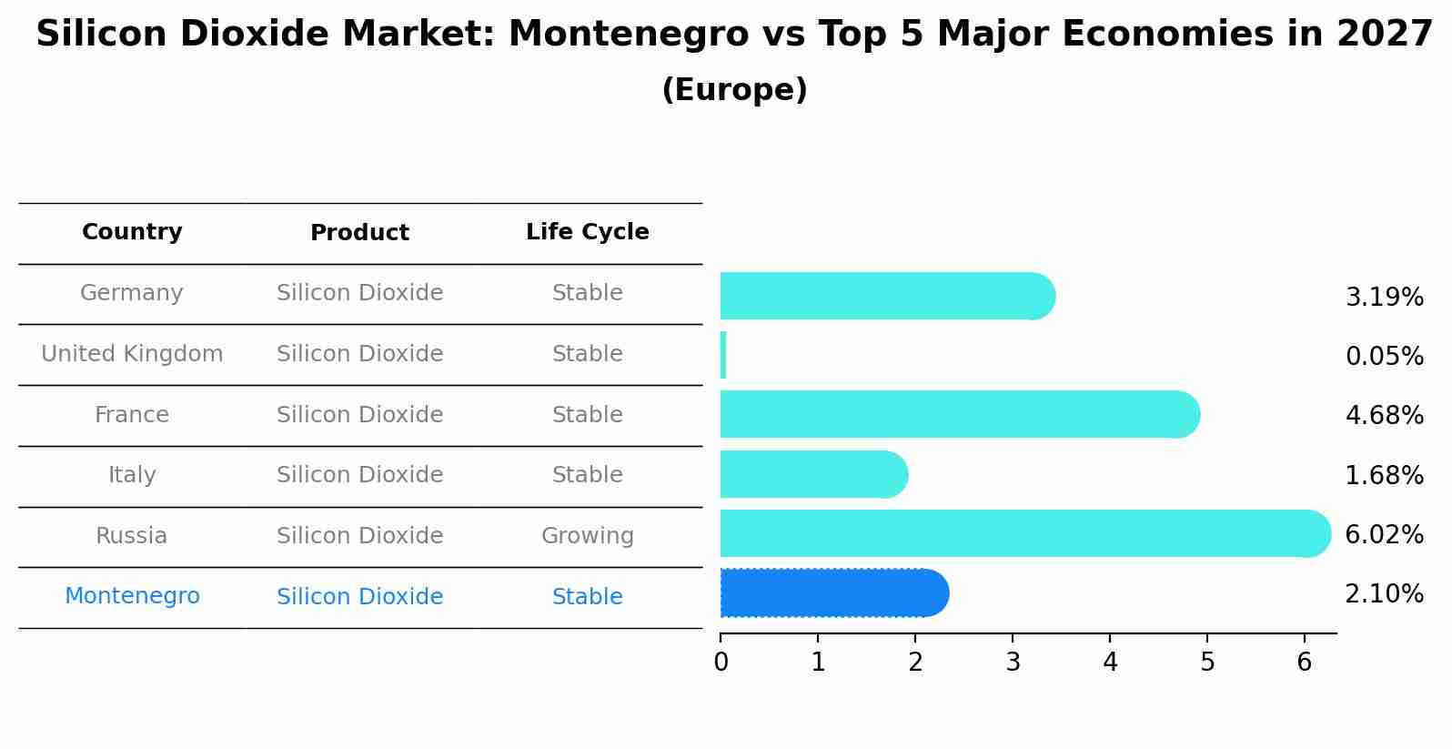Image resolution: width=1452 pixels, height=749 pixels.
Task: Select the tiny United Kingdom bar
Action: tap(723, 355)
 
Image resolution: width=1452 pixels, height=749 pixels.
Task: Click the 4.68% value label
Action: tap(1384, 416)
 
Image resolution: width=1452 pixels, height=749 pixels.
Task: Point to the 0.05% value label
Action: tap(1384, 357)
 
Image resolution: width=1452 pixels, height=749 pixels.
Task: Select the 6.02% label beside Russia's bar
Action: tap(1384, 535)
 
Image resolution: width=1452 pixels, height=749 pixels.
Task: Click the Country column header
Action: tap(132, 232)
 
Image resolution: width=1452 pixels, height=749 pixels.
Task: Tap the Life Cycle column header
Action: tap(587, 232)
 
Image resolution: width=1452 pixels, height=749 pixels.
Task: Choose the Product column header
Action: tap(359, 233)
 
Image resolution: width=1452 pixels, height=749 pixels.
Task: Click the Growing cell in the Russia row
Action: tap(587, 536)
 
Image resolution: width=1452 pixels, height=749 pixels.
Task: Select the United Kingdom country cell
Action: tap(132, 354)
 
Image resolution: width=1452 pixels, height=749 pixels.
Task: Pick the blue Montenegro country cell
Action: tap(132, 596)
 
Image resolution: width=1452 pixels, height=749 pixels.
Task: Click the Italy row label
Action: tap(132, 475)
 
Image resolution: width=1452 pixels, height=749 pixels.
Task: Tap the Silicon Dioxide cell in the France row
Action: tap(359, 415)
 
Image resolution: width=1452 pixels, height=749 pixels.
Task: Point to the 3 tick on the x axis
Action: tap(1013, 663)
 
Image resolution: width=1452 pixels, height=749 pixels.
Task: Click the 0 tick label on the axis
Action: tap(721, 663)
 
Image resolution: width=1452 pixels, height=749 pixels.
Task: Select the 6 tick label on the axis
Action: tap(1304, 663)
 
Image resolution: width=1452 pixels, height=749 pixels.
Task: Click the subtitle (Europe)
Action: tap(734, 90)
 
